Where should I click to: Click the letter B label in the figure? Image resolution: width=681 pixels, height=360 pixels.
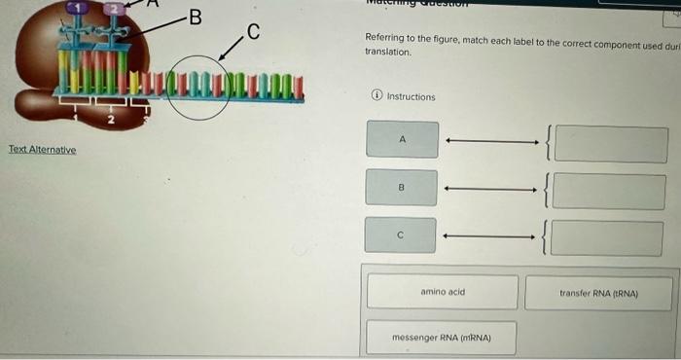point(195,17)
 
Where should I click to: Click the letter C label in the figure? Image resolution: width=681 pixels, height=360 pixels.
point(253,31)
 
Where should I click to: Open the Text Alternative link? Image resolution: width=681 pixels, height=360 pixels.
point(42,150)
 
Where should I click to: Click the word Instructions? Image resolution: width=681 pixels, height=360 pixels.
point(412,97)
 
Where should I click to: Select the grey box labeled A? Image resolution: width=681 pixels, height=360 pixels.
point(402,140)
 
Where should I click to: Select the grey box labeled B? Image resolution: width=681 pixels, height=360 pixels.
point(402,188)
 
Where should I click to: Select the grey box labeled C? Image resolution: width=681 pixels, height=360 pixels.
point(402,234)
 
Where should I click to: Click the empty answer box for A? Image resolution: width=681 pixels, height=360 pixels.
point(610,144)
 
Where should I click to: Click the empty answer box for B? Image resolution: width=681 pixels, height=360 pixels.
point(610,192)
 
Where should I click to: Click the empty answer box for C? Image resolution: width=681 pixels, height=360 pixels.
point(610,238)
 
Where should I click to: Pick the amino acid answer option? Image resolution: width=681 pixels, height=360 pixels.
point(443,292)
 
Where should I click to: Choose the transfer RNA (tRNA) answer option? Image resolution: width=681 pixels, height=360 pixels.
point(597,293)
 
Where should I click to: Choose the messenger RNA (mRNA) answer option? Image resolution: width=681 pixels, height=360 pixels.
point(441,338)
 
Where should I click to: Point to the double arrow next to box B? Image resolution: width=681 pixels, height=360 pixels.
point(491,189)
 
